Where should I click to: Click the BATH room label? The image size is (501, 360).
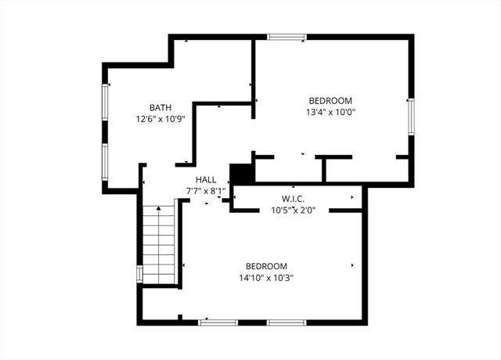pos(160,108)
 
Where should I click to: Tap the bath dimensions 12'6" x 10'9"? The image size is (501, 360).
pos(160,120)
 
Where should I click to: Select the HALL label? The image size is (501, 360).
pos(206,179)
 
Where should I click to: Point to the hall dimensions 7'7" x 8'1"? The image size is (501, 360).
pos(206,190)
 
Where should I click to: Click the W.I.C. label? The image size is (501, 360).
pos(294,199)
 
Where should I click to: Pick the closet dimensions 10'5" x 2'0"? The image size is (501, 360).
pos(294,210)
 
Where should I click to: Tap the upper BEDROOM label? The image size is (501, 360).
pos(330,101)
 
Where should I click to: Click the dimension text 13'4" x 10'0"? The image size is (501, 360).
pos(330,113)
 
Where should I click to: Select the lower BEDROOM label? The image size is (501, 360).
pos(266,266)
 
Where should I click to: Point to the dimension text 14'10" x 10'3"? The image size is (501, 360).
pos(266,278)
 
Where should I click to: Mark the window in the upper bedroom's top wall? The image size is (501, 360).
pos(287,37)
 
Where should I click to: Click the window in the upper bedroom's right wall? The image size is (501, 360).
pos(411,118)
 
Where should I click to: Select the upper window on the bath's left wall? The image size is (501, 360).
pos(104,101)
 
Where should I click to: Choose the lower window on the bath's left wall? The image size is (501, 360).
pos(104,162)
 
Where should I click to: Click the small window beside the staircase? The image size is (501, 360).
pos(139,273)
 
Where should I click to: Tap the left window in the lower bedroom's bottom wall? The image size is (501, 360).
pos(218,322)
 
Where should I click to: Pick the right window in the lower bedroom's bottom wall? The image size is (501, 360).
pos(287,322)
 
